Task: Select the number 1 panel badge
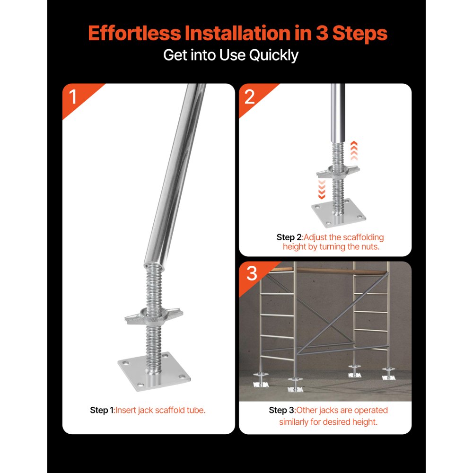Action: pos(73,97)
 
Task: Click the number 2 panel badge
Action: pos(250,97)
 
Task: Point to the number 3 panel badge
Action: pos(252,274)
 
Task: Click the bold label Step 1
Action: pos(102,410)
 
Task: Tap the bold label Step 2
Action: pos(289,237)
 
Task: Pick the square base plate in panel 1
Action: pos(154,371)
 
